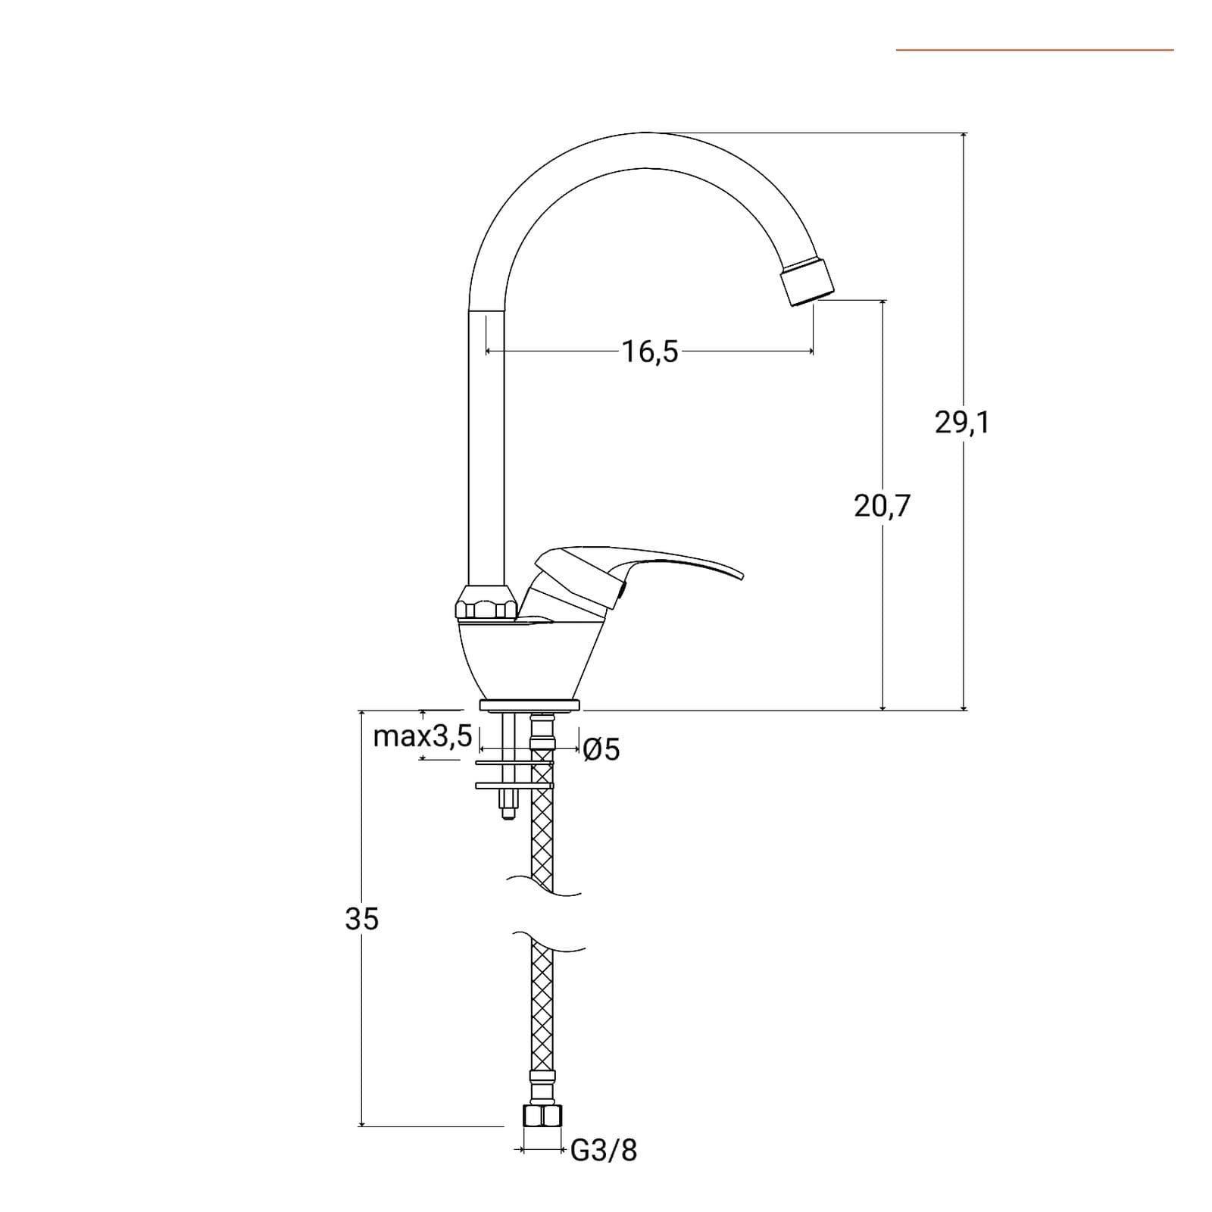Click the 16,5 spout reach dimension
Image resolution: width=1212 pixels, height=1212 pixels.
[x=650, y=351]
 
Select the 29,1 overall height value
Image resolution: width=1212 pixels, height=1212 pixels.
[x=962, y=423]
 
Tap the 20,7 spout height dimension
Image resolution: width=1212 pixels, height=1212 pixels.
[x=882, y=506]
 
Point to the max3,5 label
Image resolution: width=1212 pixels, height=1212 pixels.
[x=423, y=736]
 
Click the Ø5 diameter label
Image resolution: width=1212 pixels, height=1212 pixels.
[x=602, y=750]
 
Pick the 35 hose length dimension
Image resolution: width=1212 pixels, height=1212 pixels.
[x=361, y=919]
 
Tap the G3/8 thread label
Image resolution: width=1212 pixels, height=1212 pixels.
[x=604, y=1150]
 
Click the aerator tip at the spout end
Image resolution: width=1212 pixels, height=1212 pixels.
[x=807, y=280]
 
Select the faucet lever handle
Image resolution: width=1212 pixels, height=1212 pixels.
[x=636, y=579]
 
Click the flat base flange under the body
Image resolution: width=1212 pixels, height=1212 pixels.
[x=529, y=706]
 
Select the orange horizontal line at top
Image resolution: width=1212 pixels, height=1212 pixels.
[x=1035, y=50]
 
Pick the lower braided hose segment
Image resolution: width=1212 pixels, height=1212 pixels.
[x=542, y=1007]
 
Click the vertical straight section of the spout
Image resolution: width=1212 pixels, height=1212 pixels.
[x=486, y=447]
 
